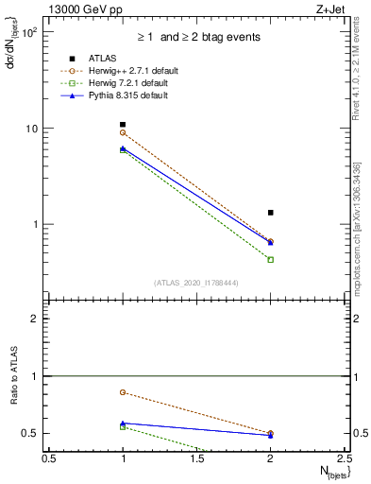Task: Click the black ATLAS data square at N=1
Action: pyautogui.click(x=123, y=125)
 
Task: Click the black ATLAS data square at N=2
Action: pyautogui.click(x=271, y=213)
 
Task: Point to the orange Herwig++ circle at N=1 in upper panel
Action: pyautogui.click(x=123, y=132)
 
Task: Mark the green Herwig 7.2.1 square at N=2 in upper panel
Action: pyautogui.click(x=271, y=259)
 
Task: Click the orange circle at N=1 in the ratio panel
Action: pyautogui.click(x=123, y=391)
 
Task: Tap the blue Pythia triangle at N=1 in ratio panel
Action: pyautogui.click(x=123, y=423)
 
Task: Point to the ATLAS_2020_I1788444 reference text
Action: pyautogui.click(x=197, y=283)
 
